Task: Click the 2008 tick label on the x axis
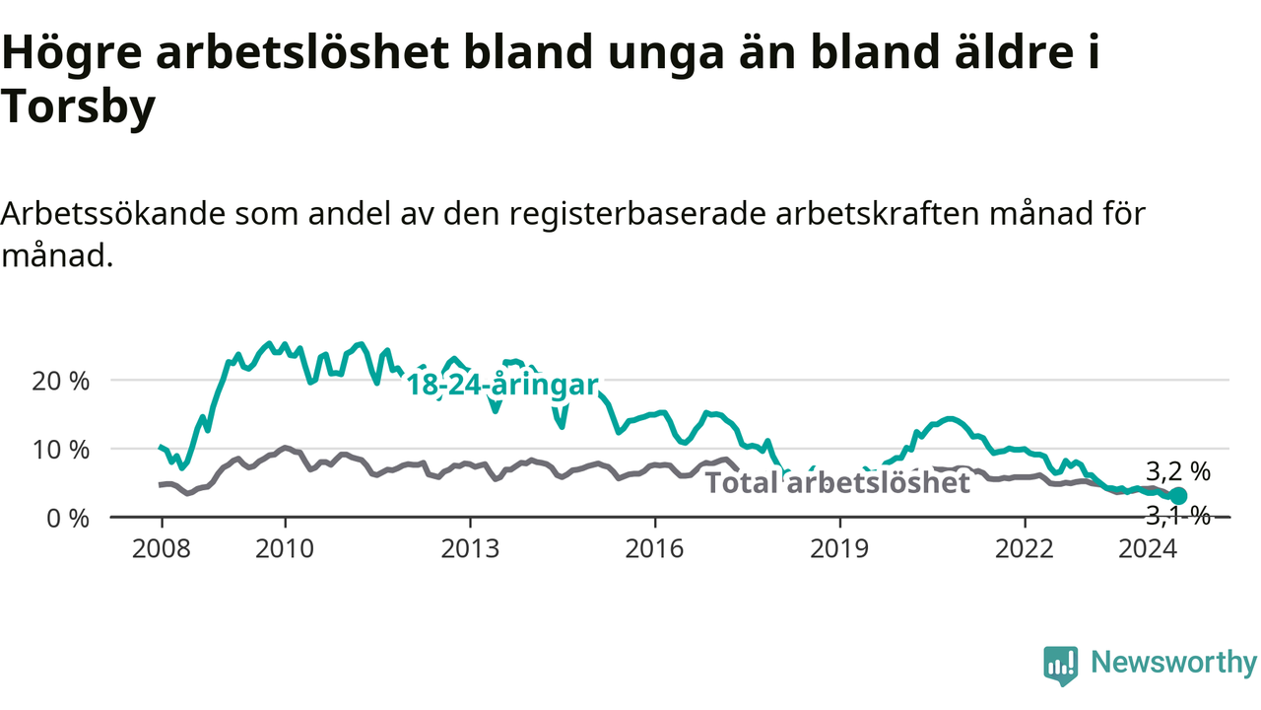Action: point(162,549)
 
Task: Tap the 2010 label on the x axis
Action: point(285,549)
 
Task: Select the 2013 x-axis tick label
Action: point(470,549)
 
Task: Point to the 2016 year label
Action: point(655,549)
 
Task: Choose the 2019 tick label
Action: point(840,549)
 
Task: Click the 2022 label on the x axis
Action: point(1025,549)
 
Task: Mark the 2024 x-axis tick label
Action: point(1148,549)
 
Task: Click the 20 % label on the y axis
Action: point(61,382)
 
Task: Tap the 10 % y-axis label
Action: point(61,451)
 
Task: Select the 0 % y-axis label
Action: point(68,519)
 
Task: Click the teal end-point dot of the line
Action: point(1178,496)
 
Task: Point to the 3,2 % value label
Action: point(1178,471)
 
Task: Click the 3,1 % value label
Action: point(1178,516)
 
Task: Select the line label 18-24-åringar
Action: point(502,386)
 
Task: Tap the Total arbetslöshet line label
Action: point(837,483)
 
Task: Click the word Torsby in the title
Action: point(78,107)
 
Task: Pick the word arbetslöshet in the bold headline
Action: point(302,53)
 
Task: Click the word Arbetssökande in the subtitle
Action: point(113,214)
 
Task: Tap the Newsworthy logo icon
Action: point(1061,666)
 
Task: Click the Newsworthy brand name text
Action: point(1173,664)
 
